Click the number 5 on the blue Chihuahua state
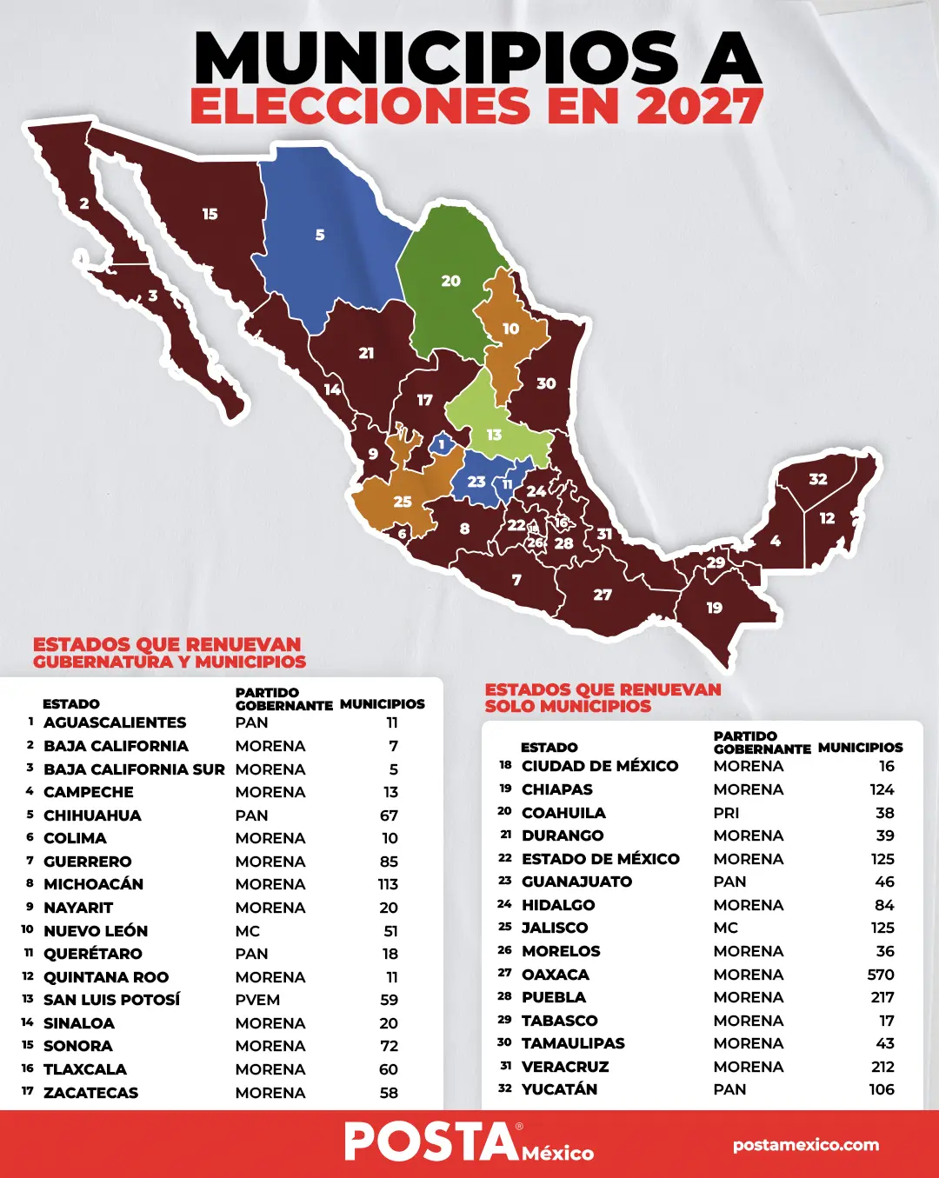click(320, 235)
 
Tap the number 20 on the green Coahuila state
click(450, 281)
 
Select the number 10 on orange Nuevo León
click(510, 329)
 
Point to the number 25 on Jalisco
click(403, 502)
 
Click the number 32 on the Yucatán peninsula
click(818, 479)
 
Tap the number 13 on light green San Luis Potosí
click(494, 435)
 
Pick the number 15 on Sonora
click(210, 214)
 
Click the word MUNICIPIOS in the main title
click(436, 59)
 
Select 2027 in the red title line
click(699, 107)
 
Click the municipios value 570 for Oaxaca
click(880, 975)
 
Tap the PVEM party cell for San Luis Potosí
click(257, 1000)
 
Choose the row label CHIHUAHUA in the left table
click(92, 815)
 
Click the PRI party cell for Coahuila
click(726, 813)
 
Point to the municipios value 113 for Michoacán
click(388, 884)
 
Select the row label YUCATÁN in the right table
click(559, 1089)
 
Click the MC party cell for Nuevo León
click(248, 931)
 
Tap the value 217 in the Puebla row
click(882, 997)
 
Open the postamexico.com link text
click(805, 1145)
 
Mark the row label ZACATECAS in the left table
click(90, 1093)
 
